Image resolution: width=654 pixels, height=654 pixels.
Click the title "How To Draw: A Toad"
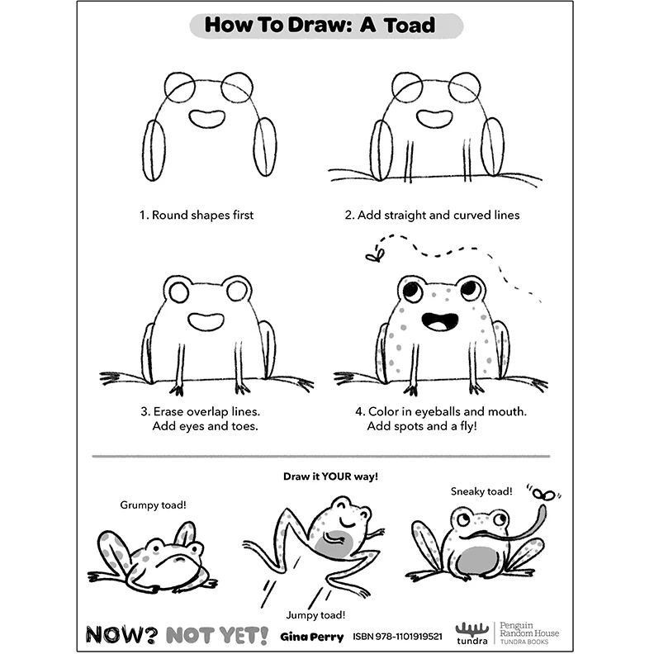tap(326, 25)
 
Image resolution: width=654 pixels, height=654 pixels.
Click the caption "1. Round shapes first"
tap(196, 215)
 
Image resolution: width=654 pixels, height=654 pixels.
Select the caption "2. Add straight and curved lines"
tap(432, 215)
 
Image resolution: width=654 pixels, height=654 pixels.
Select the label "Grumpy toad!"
tap(153, 505)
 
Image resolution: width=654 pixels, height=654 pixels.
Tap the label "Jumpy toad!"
tap(315, 614)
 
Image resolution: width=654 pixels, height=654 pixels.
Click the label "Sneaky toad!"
tap(481, 491)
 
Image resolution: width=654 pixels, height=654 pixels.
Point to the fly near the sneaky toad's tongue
tap(543, 495)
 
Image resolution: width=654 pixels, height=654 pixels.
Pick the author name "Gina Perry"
tap(311, 637)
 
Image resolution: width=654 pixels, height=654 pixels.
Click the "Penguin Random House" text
tap(528, 629)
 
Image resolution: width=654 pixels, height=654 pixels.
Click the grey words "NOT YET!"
tap(216, 635)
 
